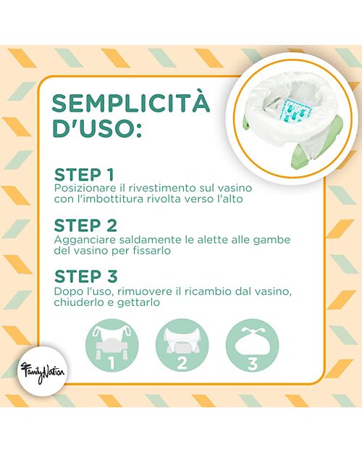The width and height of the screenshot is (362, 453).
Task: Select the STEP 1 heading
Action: point(84,175)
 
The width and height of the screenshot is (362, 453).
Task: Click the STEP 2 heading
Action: point(85,225)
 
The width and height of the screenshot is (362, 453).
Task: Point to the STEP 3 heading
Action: point(85,276)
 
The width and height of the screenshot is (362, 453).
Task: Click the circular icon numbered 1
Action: point(112,345)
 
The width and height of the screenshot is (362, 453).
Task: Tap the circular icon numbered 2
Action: point(182,345)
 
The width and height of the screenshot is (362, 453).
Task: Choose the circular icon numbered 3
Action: point(252,345)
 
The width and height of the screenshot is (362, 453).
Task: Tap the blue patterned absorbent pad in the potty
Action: point(292,111)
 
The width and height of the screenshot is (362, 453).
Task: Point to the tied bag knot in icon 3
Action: point(252,331)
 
